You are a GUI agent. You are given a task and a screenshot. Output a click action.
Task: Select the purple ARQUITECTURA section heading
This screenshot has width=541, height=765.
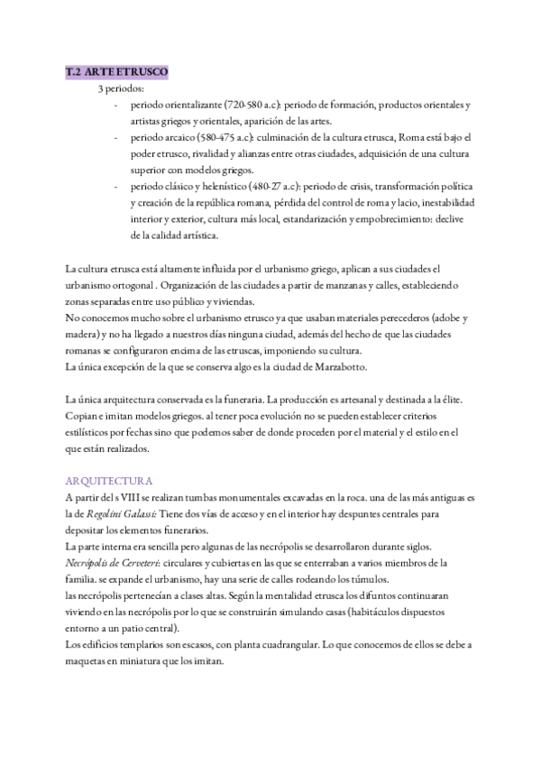109,480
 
